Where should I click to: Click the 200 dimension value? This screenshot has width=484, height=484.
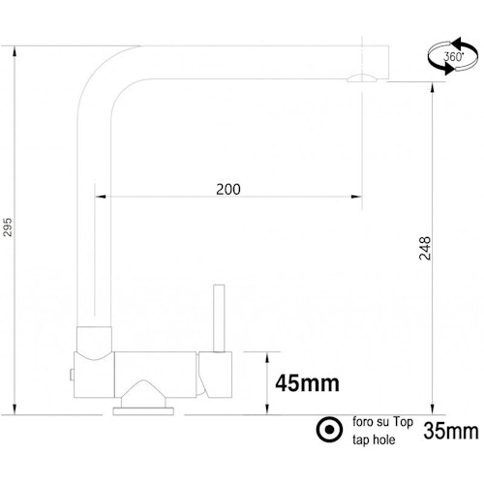(x=227, y=189)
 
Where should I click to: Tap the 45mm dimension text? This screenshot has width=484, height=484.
(x=308, y=383)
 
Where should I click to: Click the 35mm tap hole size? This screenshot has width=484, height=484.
(x=450, y=429)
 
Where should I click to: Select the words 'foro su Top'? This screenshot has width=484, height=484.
(x=381, y=422)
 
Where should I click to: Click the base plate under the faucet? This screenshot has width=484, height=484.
(x=144, y=410)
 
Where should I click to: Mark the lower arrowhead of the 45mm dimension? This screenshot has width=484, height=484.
(x=264, y=410)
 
